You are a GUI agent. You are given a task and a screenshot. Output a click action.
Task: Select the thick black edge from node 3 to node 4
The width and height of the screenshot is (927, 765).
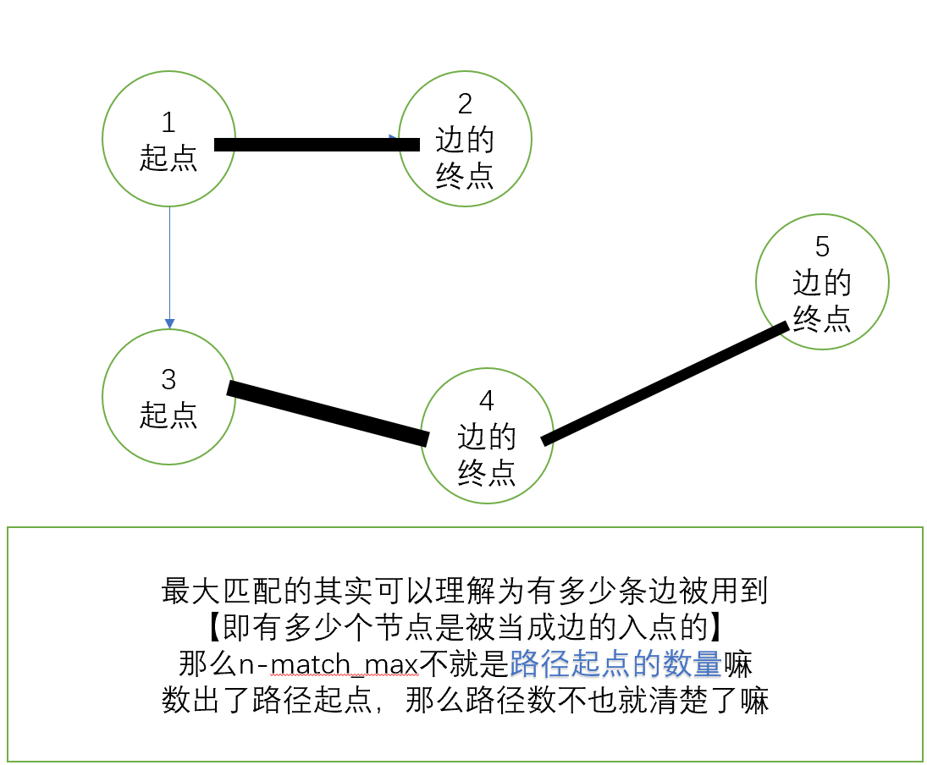point(328,413)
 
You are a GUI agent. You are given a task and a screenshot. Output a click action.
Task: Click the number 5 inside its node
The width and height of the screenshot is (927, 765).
point(822,247)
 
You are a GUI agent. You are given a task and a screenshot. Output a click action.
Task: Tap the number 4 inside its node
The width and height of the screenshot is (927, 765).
point(487,400)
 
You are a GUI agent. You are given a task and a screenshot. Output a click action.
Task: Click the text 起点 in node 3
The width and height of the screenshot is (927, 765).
point(168,415)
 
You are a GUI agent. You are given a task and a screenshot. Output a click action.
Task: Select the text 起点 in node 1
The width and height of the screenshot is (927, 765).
point(168,157)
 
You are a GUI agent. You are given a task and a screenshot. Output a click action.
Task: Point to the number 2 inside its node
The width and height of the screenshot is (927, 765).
point(465,104)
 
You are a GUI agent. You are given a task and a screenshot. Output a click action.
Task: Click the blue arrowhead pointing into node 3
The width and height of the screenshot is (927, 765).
point(169,323)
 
